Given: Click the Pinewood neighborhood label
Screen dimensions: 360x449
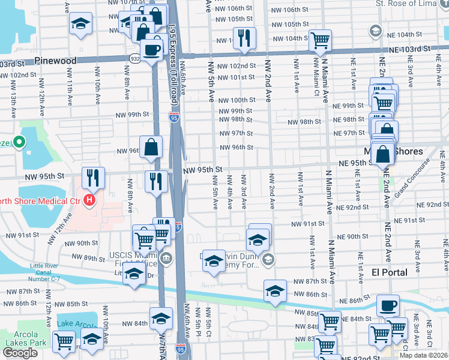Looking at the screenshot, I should coord(55,61).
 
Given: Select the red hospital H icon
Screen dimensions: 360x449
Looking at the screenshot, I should coord(89,200).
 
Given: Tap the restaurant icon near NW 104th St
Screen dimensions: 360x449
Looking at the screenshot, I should coord(244,38).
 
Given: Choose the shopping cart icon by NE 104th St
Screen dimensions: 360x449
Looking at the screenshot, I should coord(321,41).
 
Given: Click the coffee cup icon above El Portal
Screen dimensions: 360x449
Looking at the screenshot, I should coord(388,305).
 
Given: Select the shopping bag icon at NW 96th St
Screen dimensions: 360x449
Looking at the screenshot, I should coord(151,146).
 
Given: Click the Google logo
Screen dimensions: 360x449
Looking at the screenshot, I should coord(20,352).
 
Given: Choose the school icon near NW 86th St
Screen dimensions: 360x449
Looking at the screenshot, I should coord(275,292).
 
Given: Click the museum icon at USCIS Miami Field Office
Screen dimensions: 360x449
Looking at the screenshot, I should coord(166,259).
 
